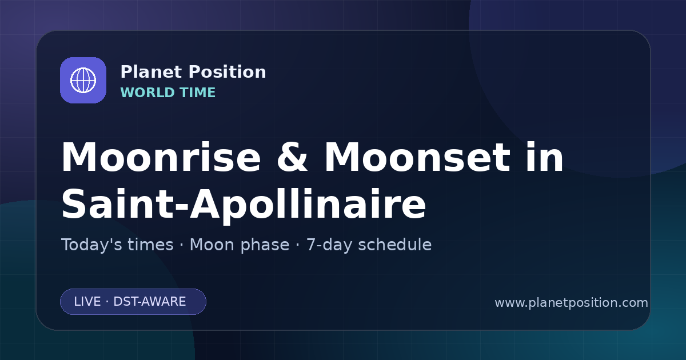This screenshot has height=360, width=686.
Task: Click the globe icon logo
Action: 83,80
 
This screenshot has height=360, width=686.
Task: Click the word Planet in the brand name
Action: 151,72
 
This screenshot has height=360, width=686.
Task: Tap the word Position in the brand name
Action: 228,72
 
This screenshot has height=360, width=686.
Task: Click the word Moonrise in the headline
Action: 161,157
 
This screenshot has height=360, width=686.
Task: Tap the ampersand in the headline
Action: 292,157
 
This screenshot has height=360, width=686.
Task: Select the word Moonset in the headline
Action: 417,157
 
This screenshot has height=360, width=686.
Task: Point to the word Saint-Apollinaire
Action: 244,204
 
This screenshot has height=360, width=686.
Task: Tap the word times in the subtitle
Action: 151,245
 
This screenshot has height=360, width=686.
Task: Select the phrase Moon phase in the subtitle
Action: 240,245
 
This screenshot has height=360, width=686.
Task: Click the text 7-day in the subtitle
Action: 329,245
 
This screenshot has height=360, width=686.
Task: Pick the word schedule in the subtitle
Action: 395,245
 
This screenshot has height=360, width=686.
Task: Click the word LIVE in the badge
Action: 87,302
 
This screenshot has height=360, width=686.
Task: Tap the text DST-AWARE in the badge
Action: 150,302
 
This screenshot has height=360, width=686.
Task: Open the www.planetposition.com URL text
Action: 571,303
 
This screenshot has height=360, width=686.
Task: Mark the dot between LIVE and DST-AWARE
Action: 107,302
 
